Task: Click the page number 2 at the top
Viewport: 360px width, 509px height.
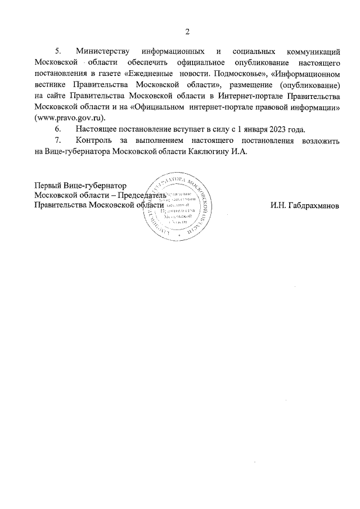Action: pos(188,30)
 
